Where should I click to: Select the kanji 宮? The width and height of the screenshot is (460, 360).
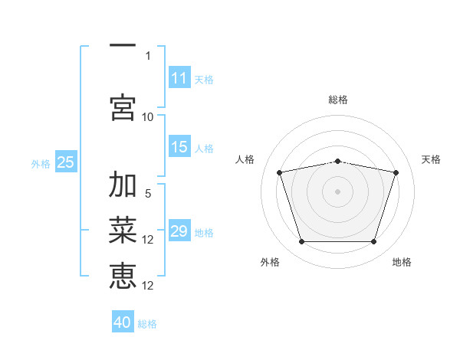123,106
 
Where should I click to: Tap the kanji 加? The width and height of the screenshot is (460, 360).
123,185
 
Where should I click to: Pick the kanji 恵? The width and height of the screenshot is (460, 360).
123,275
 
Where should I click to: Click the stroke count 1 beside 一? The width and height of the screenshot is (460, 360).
148,55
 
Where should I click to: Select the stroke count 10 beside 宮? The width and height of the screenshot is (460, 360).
148,116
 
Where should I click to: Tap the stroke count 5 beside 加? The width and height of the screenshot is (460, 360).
148,193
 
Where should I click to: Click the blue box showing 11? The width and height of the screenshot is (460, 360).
179,78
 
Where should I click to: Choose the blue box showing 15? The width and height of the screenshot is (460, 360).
179,147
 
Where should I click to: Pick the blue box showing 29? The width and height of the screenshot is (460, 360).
179,231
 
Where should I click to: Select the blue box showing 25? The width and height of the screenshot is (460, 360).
66,162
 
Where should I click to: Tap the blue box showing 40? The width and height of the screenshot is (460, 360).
123,322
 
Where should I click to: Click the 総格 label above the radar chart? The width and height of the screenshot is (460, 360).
337,100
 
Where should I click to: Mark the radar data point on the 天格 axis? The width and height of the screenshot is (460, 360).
396,173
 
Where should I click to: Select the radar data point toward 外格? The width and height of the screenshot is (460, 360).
301,242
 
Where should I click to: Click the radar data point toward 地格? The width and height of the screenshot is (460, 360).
373,242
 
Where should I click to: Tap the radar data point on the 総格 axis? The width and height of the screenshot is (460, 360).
337,161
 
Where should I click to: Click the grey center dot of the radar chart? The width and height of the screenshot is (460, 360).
337,191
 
